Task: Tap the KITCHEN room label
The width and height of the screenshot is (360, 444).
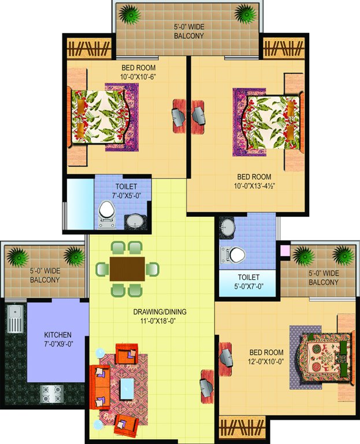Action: coord(58,335)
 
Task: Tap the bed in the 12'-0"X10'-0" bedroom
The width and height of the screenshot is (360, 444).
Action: coord(322,356)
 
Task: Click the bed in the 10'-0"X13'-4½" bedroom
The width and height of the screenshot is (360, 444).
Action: coord(269,119)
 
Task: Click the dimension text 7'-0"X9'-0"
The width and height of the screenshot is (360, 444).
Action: coord(58,346)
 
